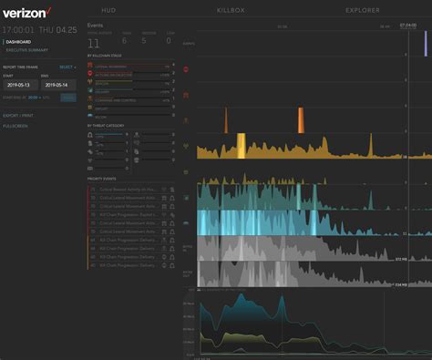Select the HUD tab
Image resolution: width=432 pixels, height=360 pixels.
108,10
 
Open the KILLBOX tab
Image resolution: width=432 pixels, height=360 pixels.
231,10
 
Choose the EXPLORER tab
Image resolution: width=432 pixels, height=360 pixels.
363,10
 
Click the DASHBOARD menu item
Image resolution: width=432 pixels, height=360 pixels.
17,41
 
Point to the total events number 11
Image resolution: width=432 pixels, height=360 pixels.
94,42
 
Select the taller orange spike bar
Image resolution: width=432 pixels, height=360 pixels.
300,119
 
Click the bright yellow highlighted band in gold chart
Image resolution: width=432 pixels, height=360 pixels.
242,146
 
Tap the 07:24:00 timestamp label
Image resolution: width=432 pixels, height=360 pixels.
407,26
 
